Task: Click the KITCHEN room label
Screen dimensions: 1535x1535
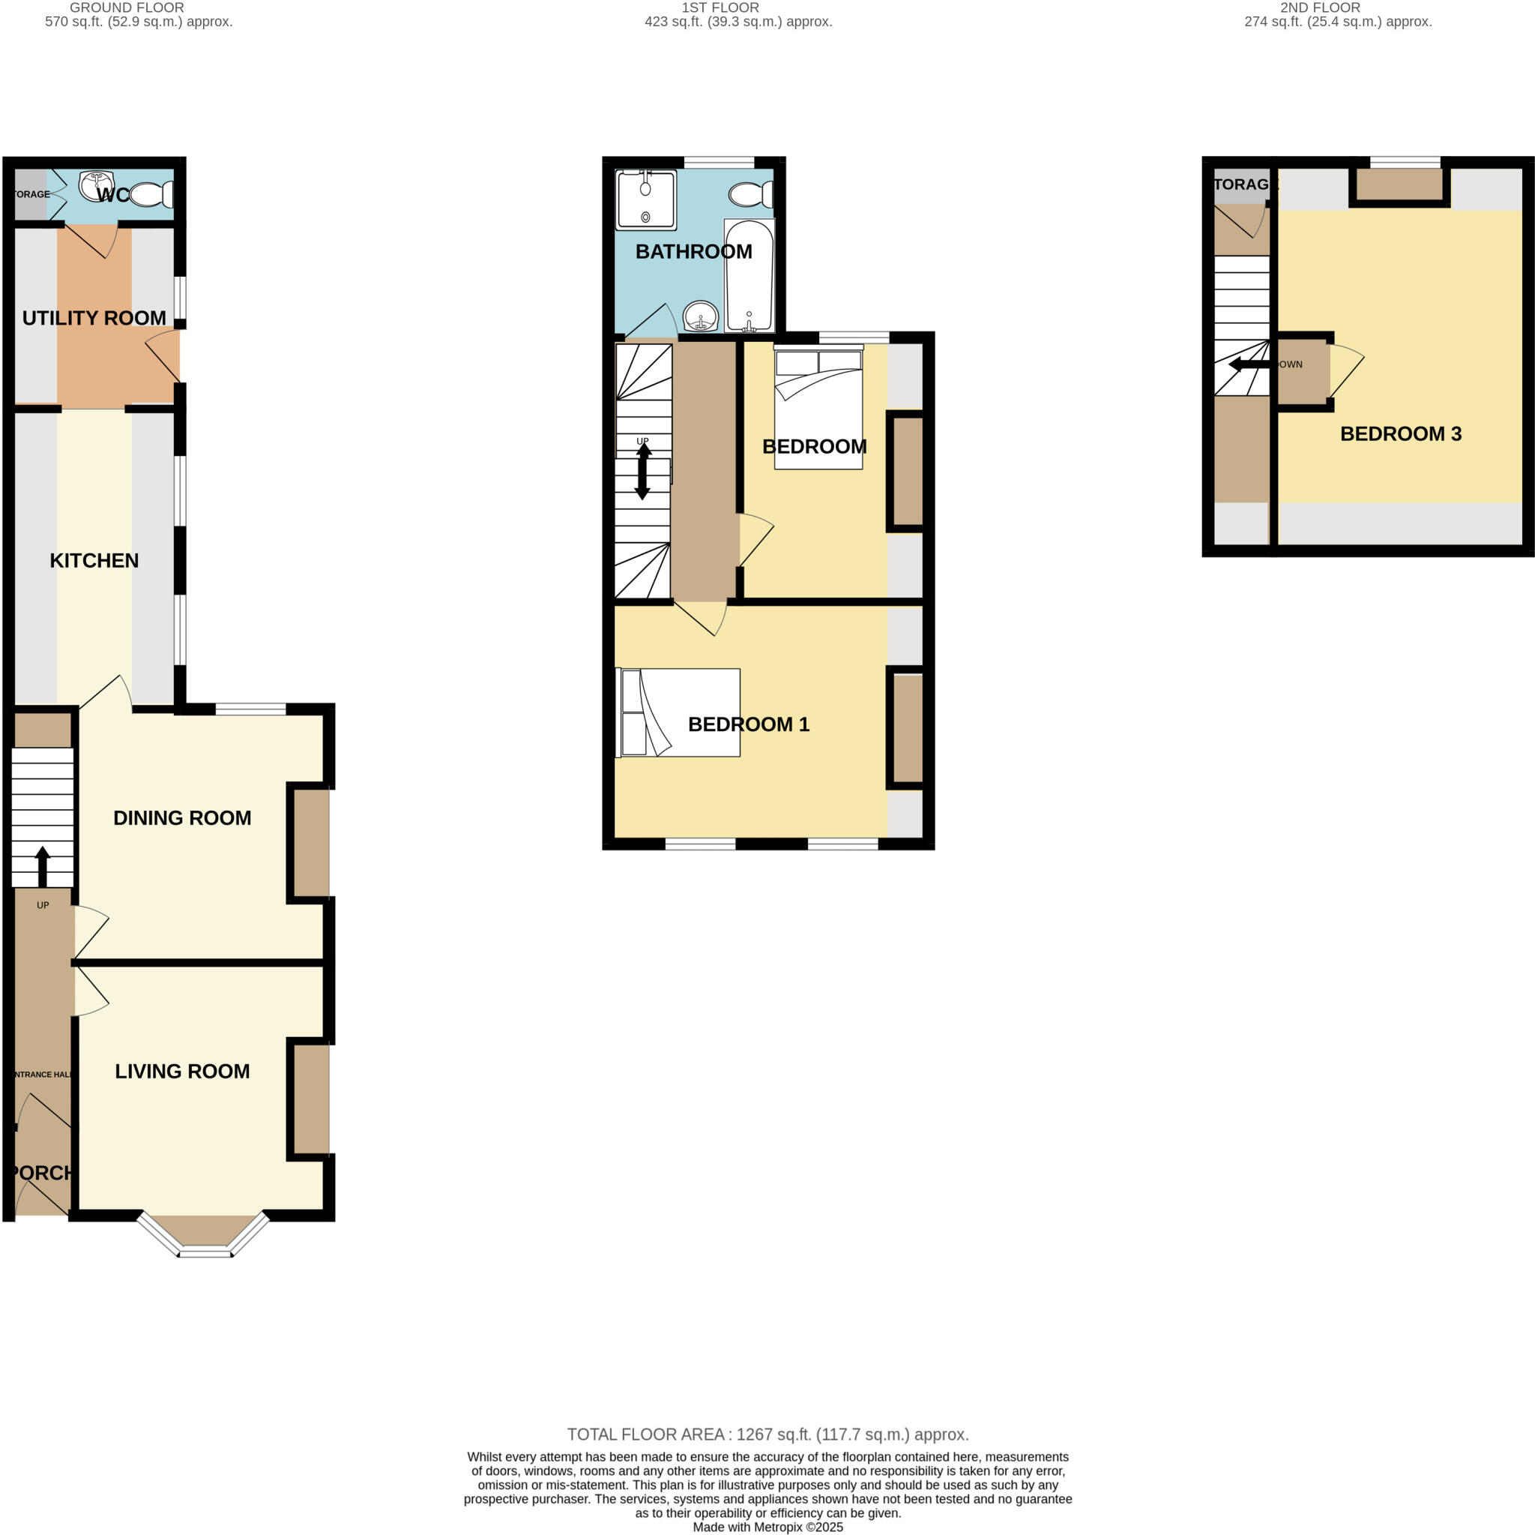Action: [x=94, y=560]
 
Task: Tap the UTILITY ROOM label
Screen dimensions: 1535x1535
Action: [x=94, y=318]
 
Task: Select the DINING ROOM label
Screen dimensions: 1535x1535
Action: [x=182, y=818]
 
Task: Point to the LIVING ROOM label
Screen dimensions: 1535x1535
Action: [x=182, y=1071]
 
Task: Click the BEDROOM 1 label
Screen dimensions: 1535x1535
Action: [x=747, y=724]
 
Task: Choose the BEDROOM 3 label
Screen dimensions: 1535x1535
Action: [x=1400, y=433]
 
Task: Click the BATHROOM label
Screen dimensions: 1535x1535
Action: [x=693, y=251]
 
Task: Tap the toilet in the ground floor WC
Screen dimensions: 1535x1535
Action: [x=151, y=194]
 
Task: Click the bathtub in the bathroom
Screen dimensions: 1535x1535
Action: [x=749, y=274]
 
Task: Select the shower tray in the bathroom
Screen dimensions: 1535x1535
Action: [x=645, y=199]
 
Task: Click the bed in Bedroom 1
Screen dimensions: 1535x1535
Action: [x=680, y=712]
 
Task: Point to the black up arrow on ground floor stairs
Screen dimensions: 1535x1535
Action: [x=43, y=866]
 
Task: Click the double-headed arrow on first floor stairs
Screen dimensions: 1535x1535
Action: [x=643, y=472]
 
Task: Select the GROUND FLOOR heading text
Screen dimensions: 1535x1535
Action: [x=127, y=7]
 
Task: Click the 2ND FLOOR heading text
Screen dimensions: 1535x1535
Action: [x=1320, y=7]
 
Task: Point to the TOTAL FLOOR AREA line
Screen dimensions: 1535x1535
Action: [x=767, y=1435]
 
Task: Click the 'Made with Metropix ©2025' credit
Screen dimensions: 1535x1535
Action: [x=767, y=1527]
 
